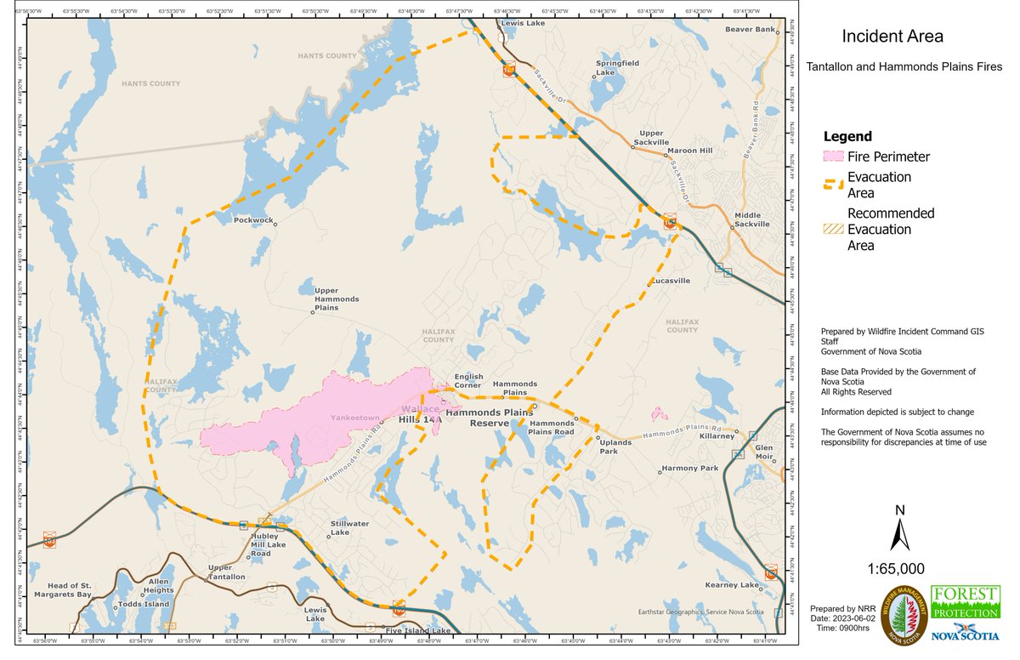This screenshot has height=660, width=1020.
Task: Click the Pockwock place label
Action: [253, 220]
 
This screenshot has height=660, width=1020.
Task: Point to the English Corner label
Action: [468, 380]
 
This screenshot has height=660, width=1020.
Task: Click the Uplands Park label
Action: [615, 447]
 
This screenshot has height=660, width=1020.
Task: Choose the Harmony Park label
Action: [690, 469]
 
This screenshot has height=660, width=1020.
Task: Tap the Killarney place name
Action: [717, 436]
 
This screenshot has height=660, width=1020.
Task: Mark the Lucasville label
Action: [671, 281]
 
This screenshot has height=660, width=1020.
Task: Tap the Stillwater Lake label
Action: [350, 528]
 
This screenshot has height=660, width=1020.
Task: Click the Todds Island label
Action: [145, 605]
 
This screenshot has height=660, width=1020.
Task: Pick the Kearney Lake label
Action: [732, 585]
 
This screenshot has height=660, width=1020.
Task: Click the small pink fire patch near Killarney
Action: [658, 414]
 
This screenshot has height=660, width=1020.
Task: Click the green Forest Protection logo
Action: [965, 603]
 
